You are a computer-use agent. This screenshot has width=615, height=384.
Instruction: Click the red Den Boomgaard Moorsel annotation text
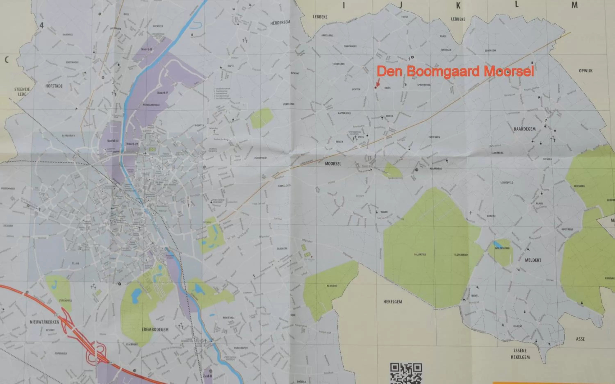click(455, 71)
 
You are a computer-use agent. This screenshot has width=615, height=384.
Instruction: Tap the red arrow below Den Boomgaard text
click(377, 83)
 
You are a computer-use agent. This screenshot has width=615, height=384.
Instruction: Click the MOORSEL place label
click(333, 164)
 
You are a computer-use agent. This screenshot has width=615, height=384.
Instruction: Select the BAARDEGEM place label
click(525, 129)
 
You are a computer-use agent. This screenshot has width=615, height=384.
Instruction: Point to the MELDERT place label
click(533, 260)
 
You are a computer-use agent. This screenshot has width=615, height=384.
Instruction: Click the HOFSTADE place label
click(54, 86)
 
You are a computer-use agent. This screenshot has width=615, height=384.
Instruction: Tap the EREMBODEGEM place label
click(155, 329)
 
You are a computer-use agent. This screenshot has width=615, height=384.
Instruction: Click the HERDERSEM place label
click(280, 23)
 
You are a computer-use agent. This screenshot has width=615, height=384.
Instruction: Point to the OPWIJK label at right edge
click(585, 71)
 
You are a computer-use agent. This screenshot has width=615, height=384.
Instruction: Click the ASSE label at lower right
click(580, 339)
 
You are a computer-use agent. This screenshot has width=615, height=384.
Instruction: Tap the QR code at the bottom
click(406, 373)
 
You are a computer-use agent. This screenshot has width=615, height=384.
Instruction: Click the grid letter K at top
click(458, 6)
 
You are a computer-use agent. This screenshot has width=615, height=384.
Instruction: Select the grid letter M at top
click(574, 5)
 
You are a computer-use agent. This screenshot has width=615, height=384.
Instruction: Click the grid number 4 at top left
click(42, 25)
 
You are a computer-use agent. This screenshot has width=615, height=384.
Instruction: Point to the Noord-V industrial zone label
click(163, 93)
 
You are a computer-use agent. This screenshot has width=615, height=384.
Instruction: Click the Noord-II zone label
click(147, 49)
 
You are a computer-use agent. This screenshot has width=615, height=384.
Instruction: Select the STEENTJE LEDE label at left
click(22, 92)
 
